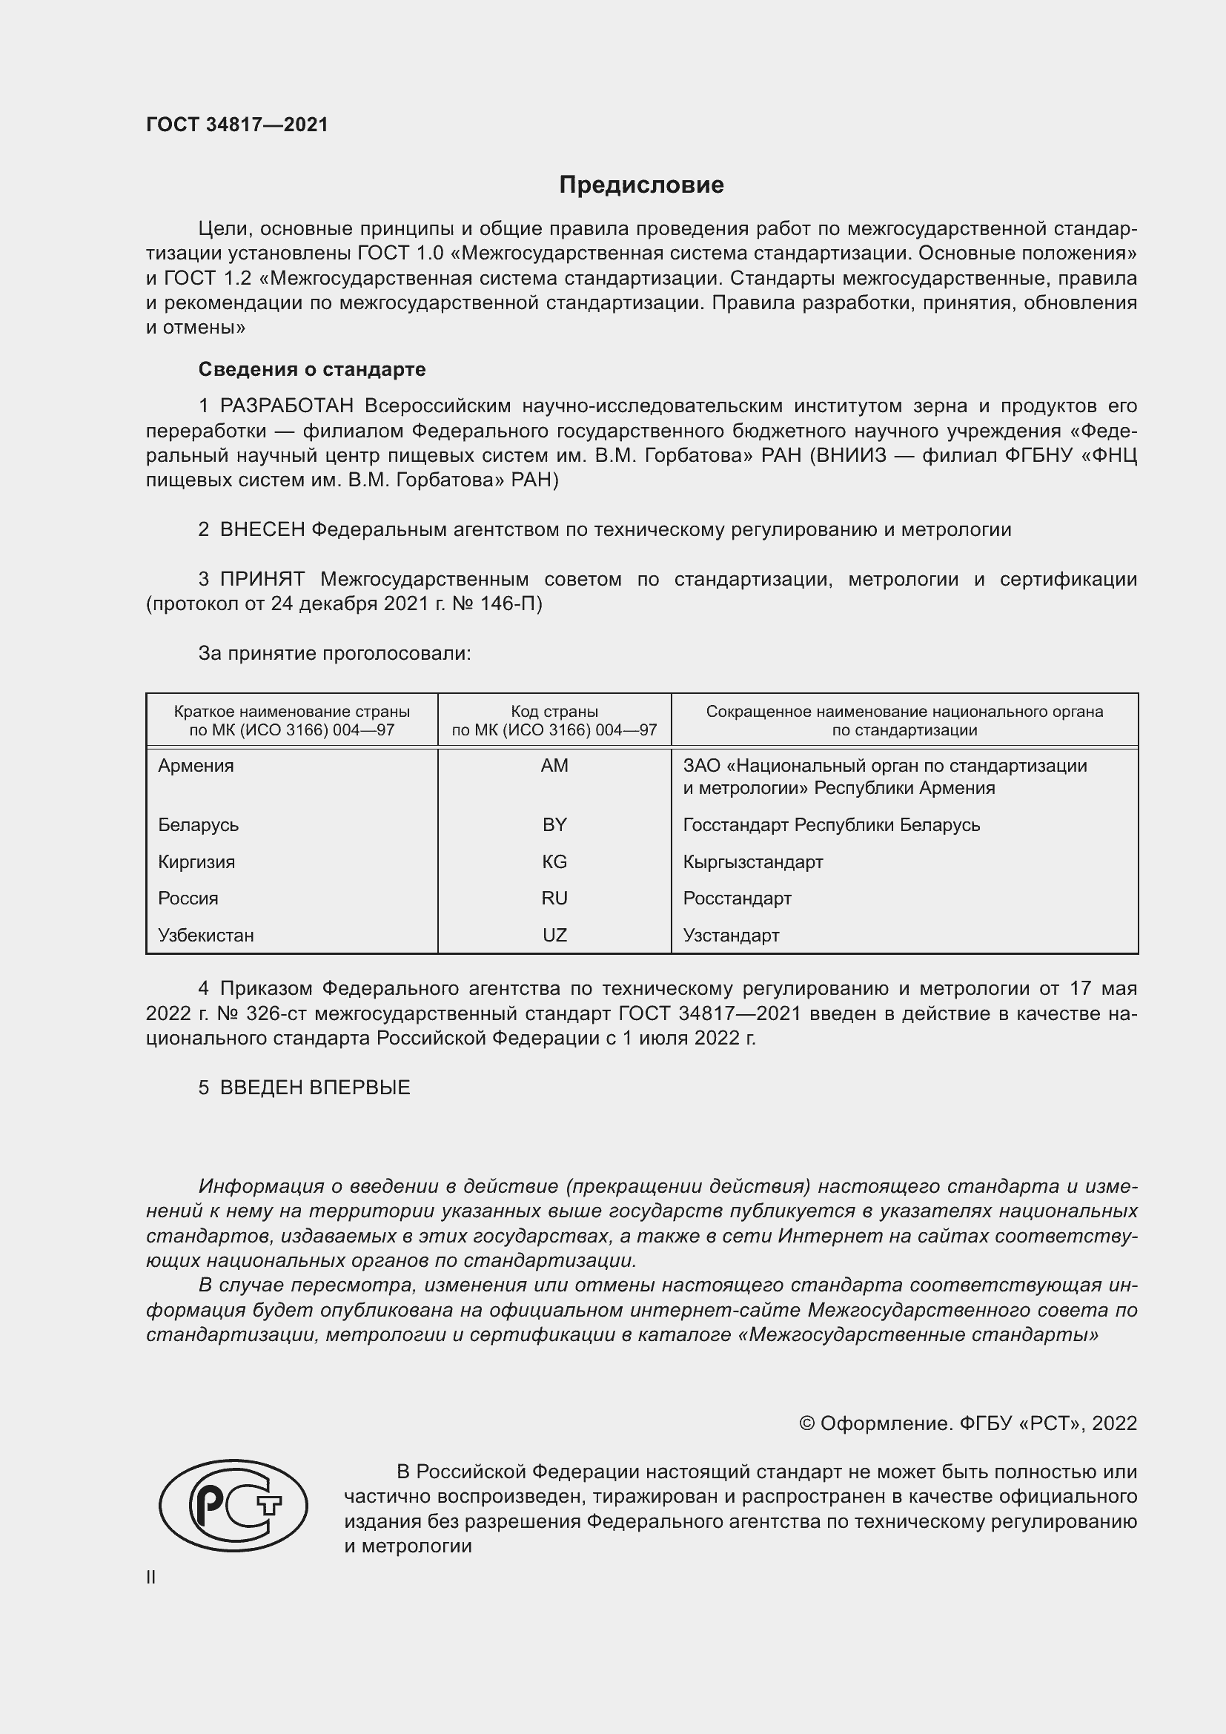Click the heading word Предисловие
(x=641, y=185)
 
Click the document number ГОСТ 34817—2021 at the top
(x=237, y=125)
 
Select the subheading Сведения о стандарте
(x=312, y=369)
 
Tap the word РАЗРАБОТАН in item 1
(x=287, y=406)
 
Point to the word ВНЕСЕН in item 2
(x=262, y=530)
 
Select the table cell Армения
(x=196, y=766)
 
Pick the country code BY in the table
(x=554, y=824)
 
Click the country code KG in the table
(x=554, y=861)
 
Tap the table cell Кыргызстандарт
(x=752, y=861)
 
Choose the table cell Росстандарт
(x=737, y=899)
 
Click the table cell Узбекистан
(x=205, y=936)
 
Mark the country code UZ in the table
(x=554, y=936)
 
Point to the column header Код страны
(x=554, y=712)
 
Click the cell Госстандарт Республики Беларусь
(x=831, y=824)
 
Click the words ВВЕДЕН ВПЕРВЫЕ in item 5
(x=315, y=1088)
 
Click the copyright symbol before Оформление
(x=806, y=1423)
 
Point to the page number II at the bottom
(x=151, y=1577)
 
